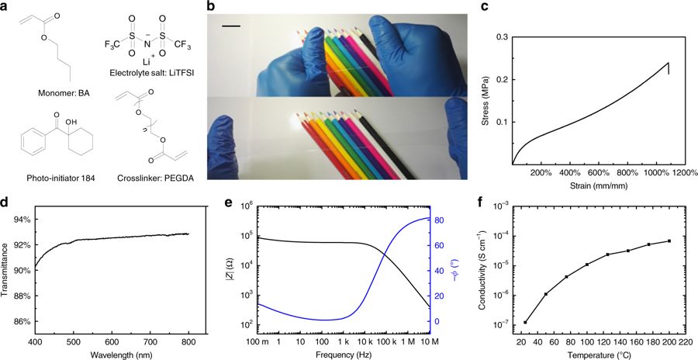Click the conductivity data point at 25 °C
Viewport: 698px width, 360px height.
tap(526, 322)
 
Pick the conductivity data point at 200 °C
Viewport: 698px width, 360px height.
tap(669, 241)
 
